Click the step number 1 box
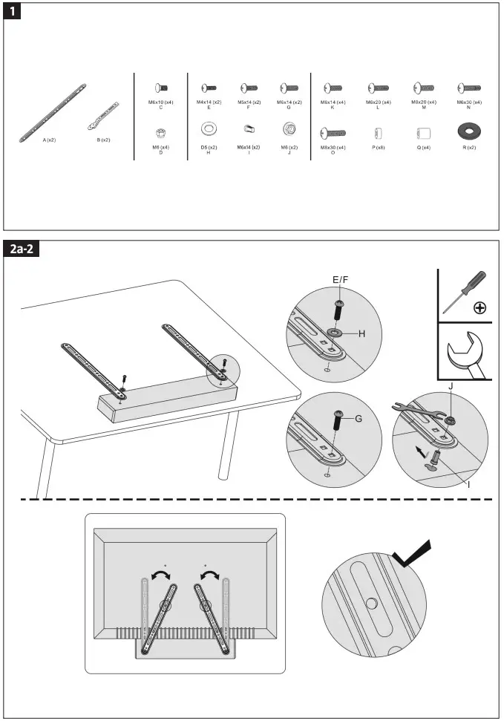coord(13,13)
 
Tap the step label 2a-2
coord(22,249)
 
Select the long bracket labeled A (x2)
coord(53,113)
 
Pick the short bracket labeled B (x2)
coord(103,114)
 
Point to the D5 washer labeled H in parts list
coord(209,129)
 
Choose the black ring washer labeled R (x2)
coord(468,131)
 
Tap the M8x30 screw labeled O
coord(333,133)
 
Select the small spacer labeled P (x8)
coord(378,133)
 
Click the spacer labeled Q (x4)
coord(424,133)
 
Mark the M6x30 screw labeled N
coord(468,88)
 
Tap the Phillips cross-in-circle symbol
coord(480,307)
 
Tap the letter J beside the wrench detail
coord(450,385)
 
